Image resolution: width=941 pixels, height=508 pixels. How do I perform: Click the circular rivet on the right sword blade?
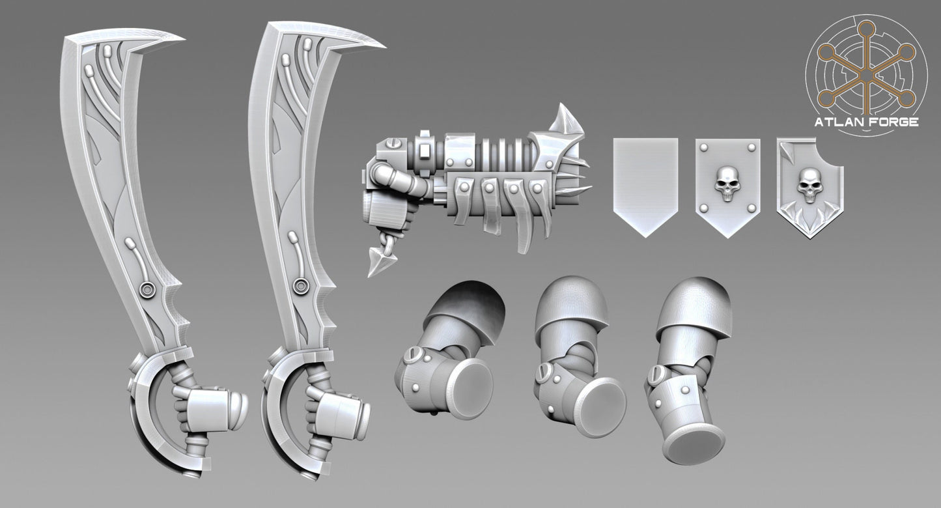coord(301,284)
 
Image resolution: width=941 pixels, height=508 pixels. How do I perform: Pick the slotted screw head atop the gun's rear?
coord(389,141)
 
